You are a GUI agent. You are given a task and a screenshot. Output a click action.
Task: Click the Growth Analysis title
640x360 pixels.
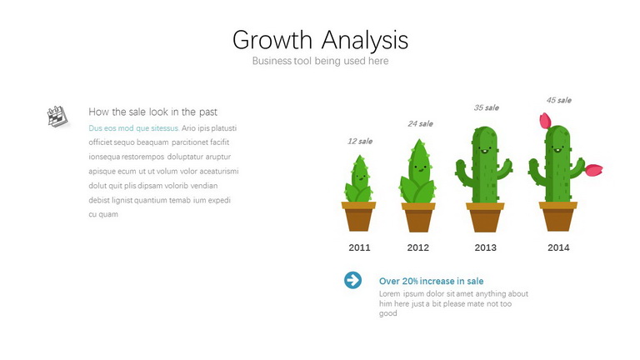coord(320,40)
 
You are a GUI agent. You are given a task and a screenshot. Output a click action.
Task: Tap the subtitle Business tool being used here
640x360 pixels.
coord(320,61)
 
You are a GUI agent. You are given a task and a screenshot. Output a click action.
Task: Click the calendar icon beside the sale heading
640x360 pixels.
coord(57,117)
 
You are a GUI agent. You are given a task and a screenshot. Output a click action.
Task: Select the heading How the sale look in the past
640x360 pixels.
coord(153,112)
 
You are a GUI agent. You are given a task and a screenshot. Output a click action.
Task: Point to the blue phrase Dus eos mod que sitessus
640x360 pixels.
coord(134,128)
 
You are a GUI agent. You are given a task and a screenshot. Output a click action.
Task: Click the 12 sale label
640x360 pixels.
coord(360,141)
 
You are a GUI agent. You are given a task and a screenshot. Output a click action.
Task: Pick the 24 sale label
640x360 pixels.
coord(420,123)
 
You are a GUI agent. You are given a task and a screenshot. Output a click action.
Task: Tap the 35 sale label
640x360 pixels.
coord(487,107)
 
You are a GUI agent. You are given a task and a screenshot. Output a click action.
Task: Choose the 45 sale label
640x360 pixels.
coord(559,100)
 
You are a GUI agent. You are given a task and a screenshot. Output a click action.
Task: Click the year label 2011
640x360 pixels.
coord(360,247)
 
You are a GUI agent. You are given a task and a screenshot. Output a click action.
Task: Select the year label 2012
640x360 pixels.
coord(418,247)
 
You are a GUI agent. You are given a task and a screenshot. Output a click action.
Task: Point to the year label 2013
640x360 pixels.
coord(485,247)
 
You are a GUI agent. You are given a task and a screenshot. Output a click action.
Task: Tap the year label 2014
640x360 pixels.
coord(558,247)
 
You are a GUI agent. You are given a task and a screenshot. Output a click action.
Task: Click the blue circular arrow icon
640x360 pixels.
coord(352,280)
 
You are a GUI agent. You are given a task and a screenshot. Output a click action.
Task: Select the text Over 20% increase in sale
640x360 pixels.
coord(432,281)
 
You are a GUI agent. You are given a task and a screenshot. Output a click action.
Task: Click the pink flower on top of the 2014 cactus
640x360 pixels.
coord(545,121)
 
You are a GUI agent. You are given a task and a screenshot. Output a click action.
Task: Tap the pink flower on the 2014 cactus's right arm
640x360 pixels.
coord(594,170)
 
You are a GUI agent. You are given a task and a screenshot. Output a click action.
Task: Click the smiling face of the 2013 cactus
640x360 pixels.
coord(484,150)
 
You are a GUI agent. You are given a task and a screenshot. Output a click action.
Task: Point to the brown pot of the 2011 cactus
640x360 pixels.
coord(359,217)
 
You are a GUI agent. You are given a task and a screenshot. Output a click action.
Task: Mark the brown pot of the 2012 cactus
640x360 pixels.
coord(418,217)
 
